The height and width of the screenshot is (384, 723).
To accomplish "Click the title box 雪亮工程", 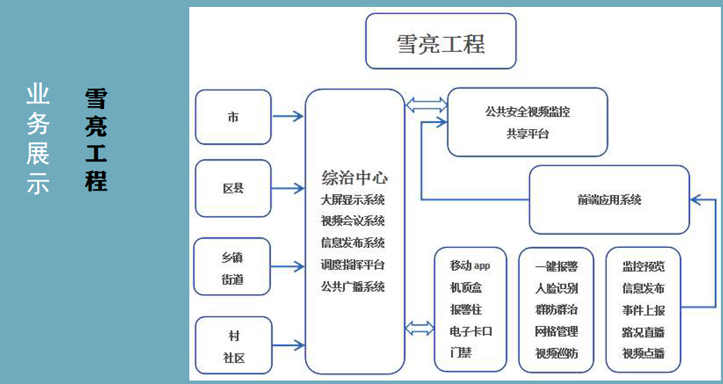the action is click(x=440, y=41).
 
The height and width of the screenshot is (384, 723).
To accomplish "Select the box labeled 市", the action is click(x=233, y=117).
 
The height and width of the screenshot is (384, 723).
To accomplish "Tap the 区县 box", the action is click(x=233, y=188).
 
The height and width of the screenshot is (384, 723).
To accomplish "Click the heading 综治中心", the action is click(x=354, y=177).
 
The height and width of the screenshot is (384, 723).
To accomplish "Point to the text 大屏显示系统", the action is click(x=353, y=200).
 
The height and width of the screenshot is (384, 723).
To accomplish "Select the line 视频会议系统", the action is click(x=353, y=221).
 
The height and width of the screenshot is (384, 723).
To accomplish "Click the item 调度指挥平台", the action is click(x=353, y=265).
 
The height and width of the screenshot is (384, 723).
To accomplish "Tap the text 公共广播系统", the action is click(x=353, y=287).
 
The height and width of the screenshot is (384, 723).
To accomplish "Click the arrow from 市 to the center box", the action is click(x=289, y=116).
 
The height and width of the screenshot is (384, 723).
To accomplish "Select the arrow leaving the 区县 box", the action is click(x=289, y=188).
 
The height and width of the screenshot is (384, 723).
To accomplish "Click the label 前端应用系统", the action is click(x=609, y=200).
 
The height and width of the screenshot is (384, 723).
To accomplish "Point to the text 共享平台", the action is click(x=527, y=133).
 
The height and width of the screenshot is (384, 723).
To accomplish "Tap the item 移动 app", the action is click(x=470, y=265).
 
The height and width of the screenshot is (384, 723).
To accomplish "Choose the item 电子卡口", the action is click(x=471, y=332).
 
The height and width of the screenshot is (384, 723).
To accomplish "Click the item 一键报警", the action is click(x=556, y=267).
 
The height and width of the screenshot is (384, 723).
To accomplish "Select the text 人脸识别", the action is click(x=556, y=288).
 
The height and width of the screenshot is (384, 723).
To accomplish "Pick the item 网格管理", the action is click(x=556, y=332).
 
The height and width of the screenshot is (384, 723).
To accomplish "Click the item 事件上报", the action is click(x=643, y=310).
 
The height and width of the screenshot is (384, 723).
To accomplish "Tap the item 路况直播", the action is click(x=643, y=332).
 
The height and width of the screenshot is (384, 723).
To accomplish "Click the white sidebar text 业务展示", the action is click(x=38, y=139).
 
